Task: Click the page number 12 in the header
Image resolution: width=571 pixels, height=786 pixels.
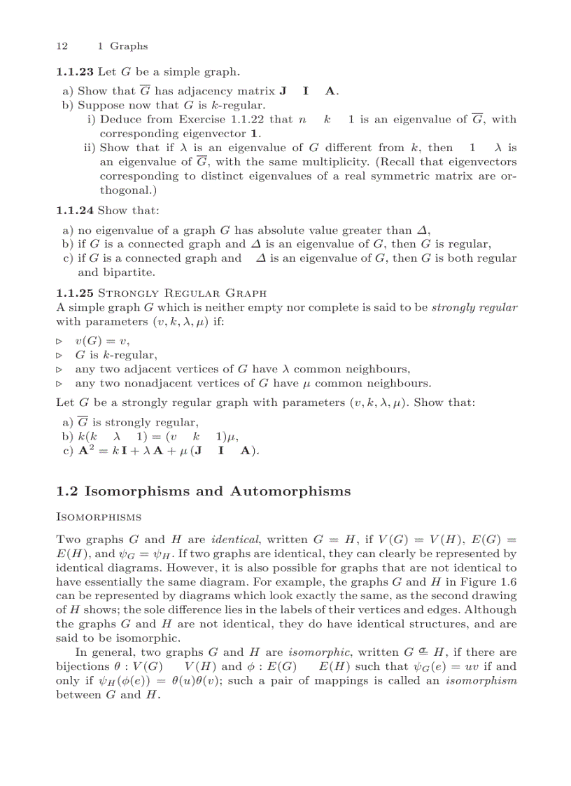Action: click(62, 46)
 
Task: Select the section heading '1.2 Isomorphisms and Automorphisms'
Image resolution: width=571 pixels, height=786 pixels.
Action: click(203, 491)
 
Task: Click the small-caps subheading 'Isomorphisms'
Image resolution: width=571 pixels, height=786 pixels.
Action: click(99, 517)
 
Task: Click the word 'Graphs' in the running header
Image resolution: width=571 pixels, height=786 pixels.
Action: click(129, 46)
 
